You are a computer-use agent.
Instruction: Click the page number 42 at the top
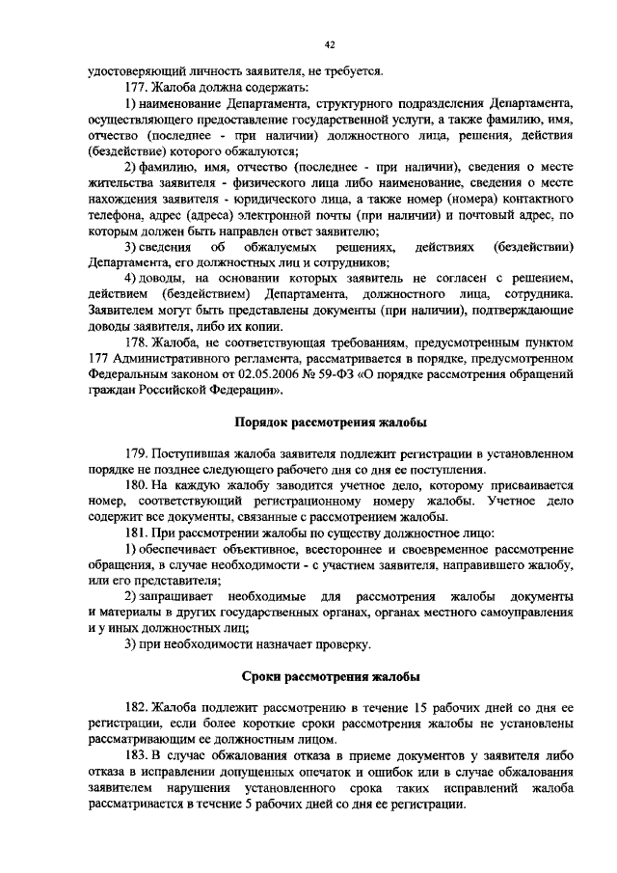(x=330, y=44)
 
